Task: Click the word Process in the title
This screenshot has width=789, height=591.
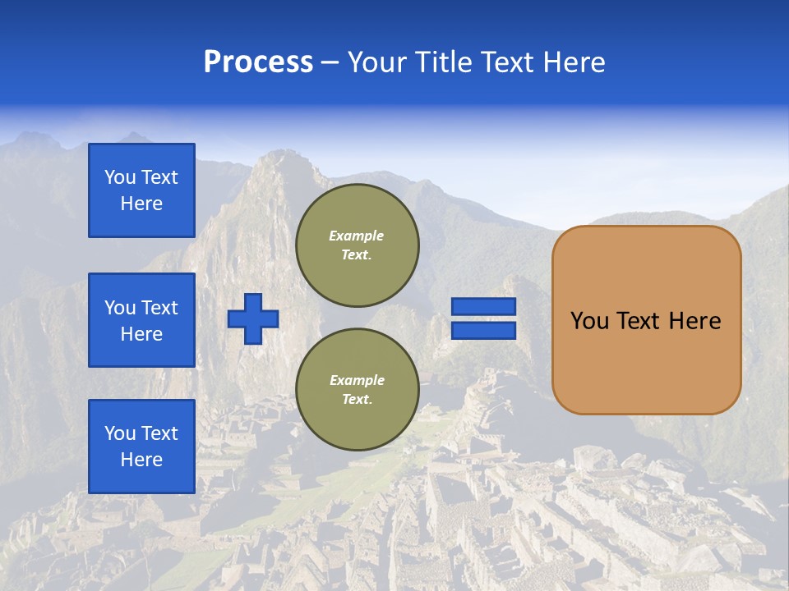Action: coord(258,62)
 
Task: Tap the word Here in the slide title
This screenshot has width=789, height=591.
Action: coord(572,62)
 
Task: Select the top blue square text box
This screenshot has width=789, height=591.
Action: coord(141,190)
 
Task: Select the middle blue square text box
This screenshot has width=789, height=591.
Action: coord(141,320)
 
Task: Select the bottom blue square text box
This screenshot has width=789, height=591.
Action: coord(141,447)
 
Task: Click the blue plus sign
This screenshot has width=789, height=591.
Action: coord(253,318)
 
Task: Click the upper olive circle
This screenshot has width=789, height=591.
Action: coord(357,245)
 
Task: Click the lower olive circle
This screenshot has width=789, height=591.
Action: coord(357,390)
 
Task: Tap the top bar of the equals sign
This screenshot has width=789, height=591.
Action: coord(483,307)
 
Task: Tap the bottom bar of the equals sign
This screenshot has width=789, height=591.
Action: coord(483,330)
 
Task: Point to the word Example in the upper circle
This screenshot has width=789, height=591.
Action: coord(357,236)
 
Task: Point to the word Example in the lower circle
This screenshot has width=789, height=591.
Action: coord(357,380)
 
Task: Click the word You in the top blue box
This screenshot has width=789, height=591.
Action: coord(120,177)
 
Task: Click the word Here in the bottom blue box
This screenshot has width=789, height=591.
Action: coord(141,460)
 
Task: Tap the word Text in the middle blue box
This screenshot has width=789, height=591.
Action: coord(159,308)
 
